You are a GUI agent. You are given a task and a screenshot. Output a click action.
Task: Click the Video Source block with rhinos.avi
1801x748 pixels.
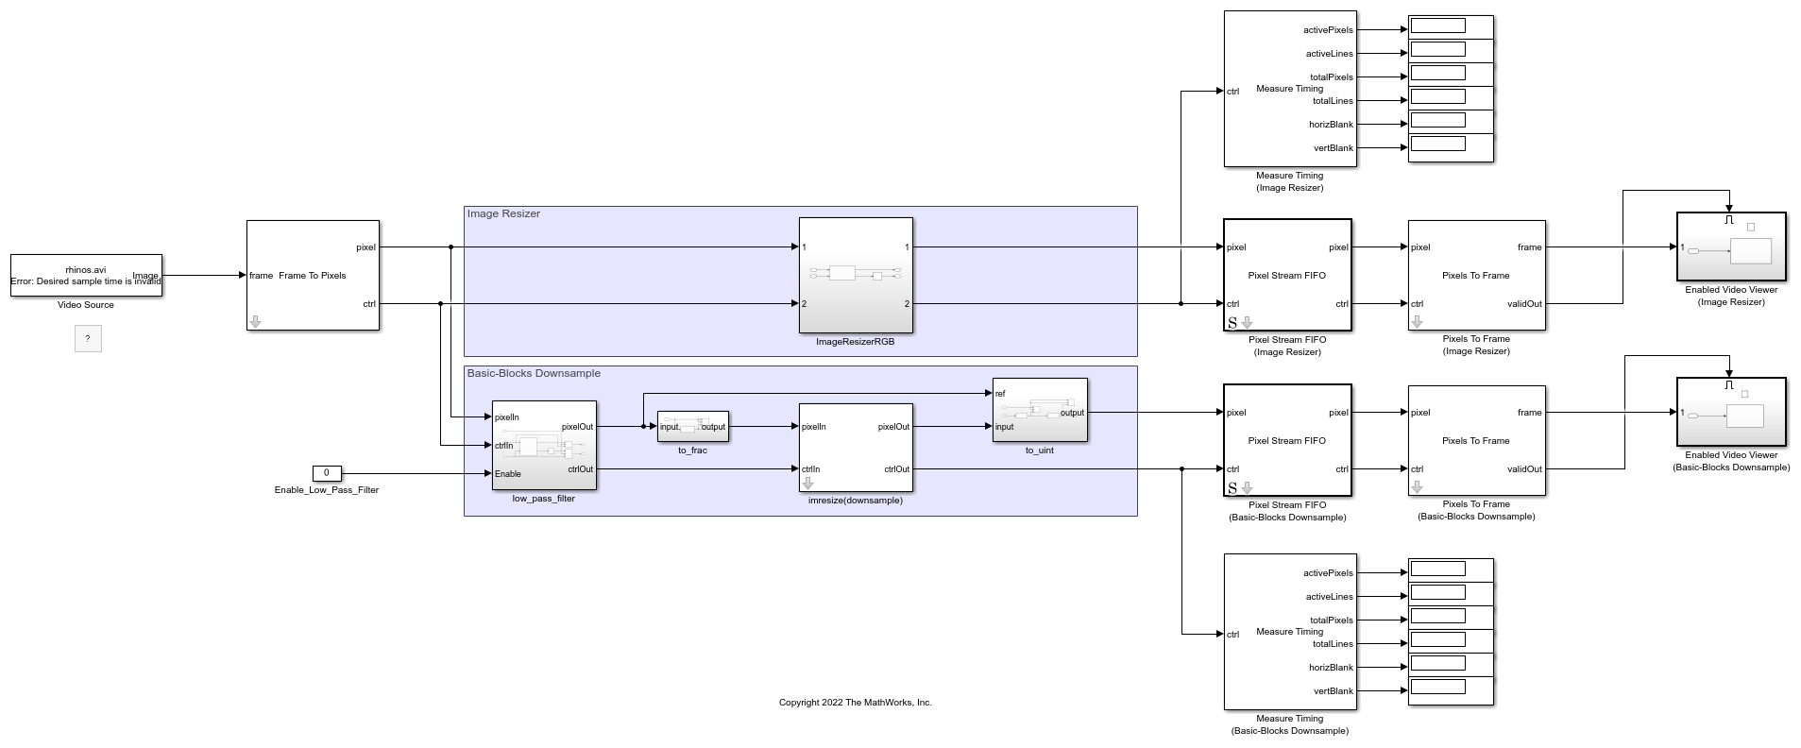coord(86,275)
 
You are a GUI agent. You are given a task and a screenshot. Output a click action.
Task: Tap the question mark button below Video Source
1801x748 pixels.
coord(88,338)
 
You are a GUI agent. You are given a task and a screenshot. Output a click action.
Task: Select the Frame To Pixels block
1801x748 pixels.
coord(313,275)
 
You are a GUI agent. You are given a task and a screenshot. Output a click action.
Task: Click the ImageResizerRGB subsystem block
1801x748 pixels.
coord(855,275)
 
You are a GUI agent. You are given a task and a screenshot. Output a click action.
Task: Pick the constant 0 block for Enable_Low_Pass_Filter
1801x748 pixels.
coord(327,473)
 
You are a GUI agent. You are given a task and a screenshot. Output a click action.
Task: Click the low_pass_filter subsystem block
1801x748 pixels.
coord(544,446)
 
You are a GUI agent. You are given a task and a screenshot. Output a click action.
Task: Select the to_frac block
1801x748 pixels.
coord(692,426)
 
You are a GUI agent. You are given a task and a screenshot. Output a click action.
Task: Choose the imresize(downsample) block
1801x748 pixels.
coord(855,447)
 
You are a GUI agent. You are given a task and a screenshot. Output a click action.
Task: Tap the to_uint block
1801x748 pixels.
coord(1039,410)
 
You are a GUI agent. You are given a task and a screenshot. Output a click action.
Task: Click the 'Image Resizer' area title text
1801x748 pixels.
coord(503,214)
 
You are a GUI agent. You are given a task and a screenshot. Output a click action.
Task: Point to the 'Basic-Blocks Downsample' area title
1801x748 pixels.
coord(534,374)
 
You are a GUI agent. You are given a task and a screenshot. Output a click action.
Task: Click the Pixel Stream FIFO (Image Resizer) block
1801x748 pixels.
coord(1286,275)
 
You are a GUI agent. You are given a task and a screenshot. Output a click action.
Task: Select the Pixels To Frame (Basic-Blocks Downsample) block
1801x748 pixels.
coord(1475,440)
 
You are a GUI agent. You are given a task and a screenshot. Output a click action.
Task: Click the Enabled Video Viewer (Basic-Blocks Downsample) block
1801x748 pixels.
coord(1730,412)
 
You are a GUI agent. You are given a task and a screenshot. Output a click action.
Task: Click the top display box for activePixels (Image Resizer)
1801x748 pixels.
coord(1437,26)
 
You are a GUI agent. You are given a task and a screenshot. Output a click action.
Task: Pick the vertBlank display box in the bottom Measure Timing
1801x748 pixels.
coord(1437,687)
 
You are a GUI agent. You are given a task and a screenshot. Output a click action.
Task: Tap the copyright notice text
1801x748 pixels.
coord(855,703)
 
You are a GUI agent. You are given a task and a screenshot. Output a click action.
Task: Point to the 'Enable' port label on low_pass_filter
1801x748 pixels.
coord(508,474)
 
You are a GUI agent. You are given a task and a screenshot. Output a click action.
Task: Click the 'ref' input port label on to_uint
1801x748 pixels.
coord(1000,394)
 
